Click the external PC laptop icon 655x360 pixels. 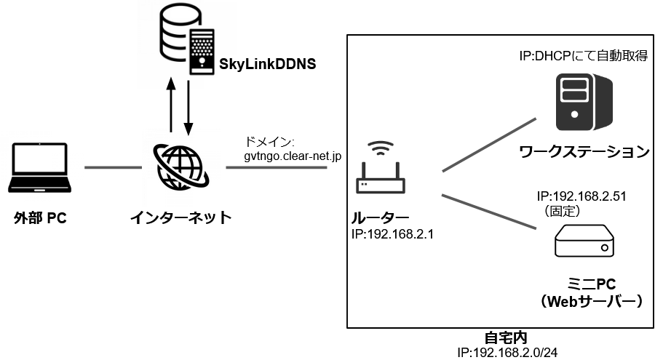click(x=41, y=169)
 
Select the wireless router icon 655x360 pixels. click(x=380, y=170)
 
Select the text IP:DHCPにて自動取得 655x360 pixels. click(x=583, y=55)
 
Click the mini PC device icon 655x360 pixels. click(x=583, y=240)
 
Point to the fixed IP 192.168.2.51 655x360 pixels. click(x=581, y=196)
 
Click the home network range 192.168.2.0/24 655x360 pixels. click(x=507, y=353)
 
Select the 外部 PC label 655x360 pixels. click(x=41, y=217)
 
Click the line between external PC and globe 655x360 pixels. click(x=113, y=169)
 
